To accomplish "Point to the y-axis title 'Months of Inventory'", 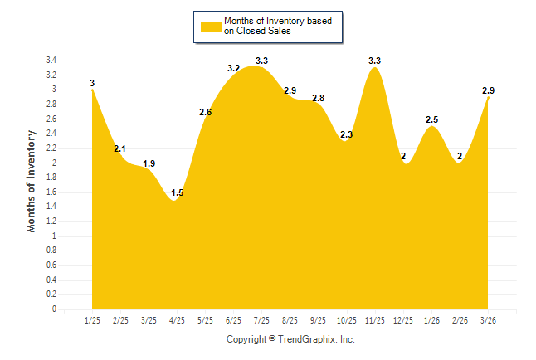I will coord(32,180).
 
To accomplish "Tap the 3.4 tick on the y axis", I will coord(51,61).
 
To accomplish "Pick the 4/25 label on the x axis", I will coord(177,320).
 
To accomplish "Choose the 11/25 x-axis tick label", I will coord(375,320).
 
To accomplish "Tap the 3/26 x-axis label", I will coord(489,320).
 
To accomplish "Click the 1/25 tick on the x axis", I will coord(92,320).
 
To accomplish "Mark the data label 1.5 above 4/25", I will coord(178,193).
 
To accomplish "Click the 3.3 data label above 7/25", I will coord(262,61).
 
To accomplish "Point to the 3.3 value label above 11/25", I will coord(375,61).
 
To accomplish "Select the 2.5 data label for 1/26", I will coord(431,120).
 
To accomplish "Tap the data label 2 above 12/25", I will coord(403,157).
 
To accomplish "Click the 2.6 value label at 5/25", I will coord(206,112).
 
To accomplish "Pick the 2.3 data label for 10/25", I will coord(347,134).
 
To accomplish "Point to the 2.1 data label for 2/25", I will coord(120,149).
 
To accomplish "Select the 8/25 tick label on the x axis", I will coord(290,320).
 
